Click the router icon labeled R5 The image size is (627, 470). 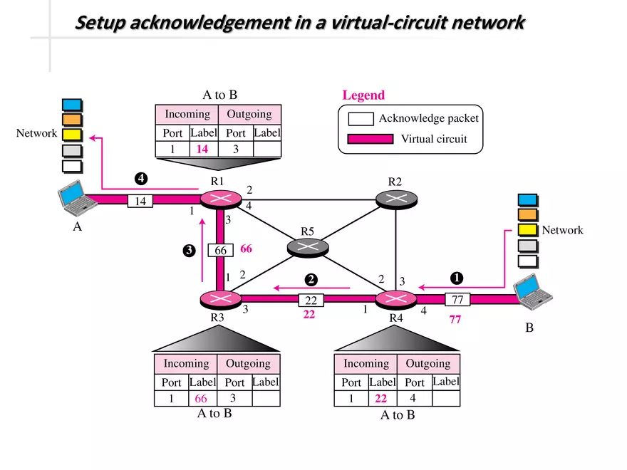point(308,247)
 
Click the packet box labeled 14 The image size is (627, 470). point(141,202)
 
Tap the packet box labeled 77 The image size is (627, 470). point(457,300)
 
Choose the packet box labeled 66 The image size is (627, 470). point(221,251)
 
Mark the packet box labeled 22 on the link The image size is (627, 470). point(311,301)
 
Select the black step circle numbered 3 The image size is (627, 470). point(189,250)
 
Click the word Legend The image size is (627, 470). point(363,95)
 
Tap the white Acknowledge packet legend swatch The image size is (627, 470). point(361,118)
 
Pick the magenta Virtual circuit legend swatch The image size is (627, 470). point(370,139)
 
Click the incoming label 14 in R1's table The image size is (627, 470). point(202,150)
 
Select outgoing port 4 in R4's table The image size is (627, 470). point(413,399)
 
